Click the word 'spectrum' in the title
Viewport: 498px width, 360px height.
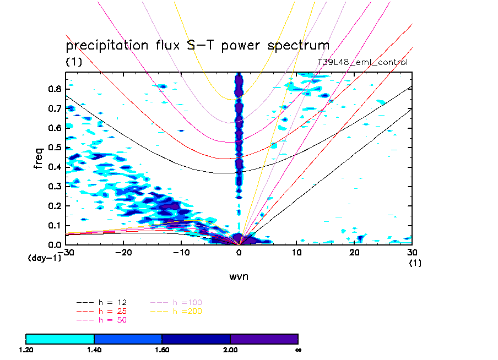point(296,46)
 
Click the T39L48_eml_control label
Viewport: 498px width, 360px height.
point(362,62)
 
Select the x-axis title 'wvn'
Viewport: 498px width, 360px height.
point(239,276)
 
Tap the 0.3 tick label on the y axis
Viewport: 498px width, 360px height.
point(54,186)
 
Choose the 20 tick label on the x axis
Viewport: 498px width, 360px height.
point(354,252)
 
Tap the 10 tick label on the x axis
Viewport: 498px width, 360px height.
point(296,252)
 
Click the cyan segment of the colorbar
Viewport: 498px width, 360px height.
point(60,339)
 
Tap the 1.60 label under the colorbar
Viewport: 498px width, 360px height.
point(162,350)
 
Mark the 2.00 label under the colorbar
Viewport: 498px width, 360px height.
point(230,350)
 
